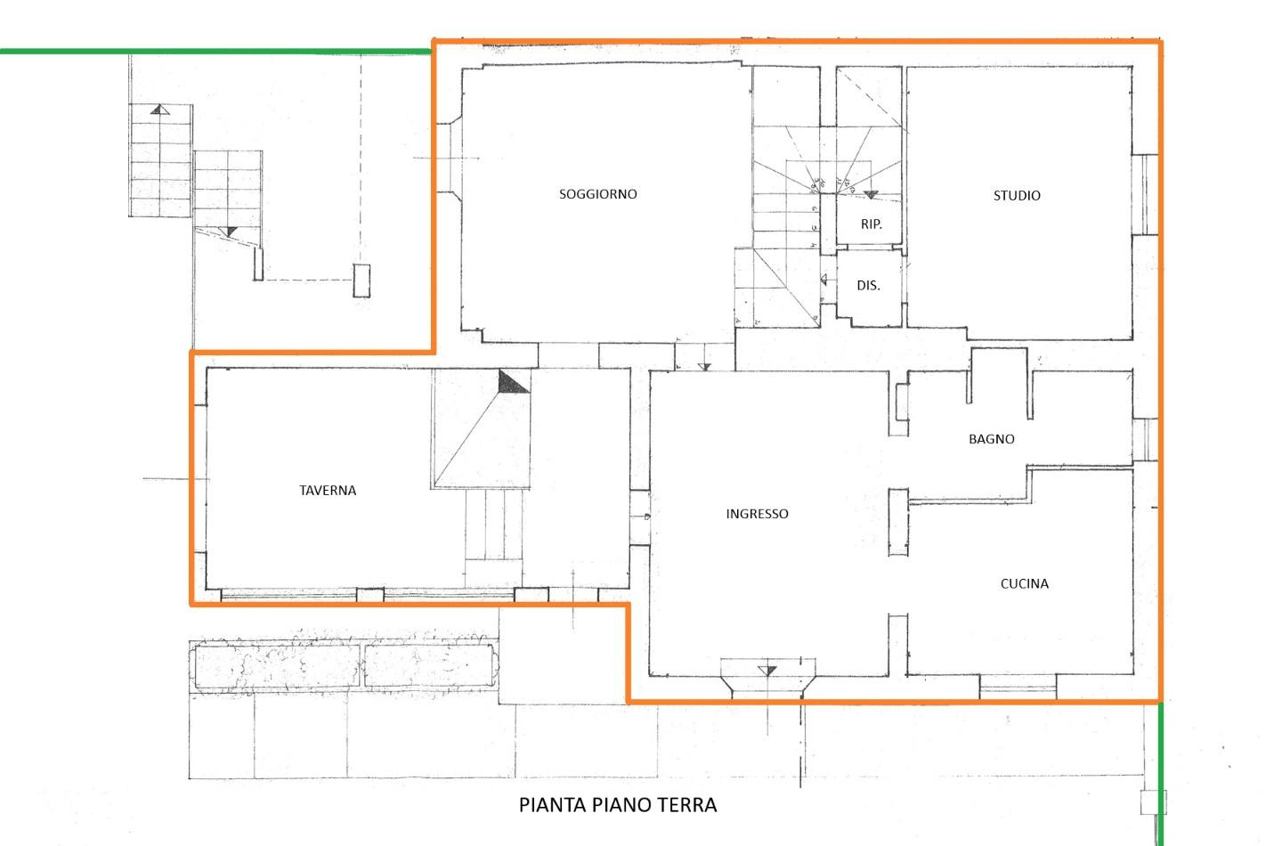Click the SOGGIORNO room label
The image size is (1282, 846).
(x=597, y=194)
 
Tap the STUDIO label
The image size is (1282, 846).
(x=1017, y=196)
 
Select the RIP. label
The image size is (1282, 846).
(x=871, y=224)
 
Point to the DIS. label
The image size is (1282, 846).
(x=868, y=286)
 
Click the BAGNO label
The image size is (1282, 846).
(x=991, y=439)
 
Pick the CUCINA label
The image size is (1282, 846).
(x=1025, y=584)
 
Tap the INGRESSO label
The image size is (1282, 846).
(x=757, y=514)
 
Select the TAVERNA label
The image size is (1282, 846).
(x=328, y=491)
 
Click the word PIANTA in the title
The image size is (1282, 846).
(x=552, y=805)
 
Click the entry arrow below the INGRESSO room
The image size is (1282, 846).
(x=767, y=671)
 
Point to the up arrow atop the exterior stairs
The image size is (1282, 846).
(x=160, y=109)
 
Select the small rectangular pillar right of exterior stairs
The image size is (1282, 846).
(x=361, y=281)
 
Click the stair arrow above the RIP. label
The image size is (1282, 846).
(x=871, y=195)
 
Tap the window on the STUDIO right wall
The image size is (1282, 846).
(x=1145, y=195)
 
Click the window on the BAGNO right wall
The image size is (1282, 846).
(x=1145, y=440)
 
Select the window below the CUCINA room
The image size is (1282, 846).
(x=1018, y=687)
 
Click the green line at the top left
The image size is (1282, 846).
(x=215, y=52)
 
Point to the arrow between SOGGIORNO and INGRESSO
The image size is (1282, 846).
(x=704, y=366)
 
